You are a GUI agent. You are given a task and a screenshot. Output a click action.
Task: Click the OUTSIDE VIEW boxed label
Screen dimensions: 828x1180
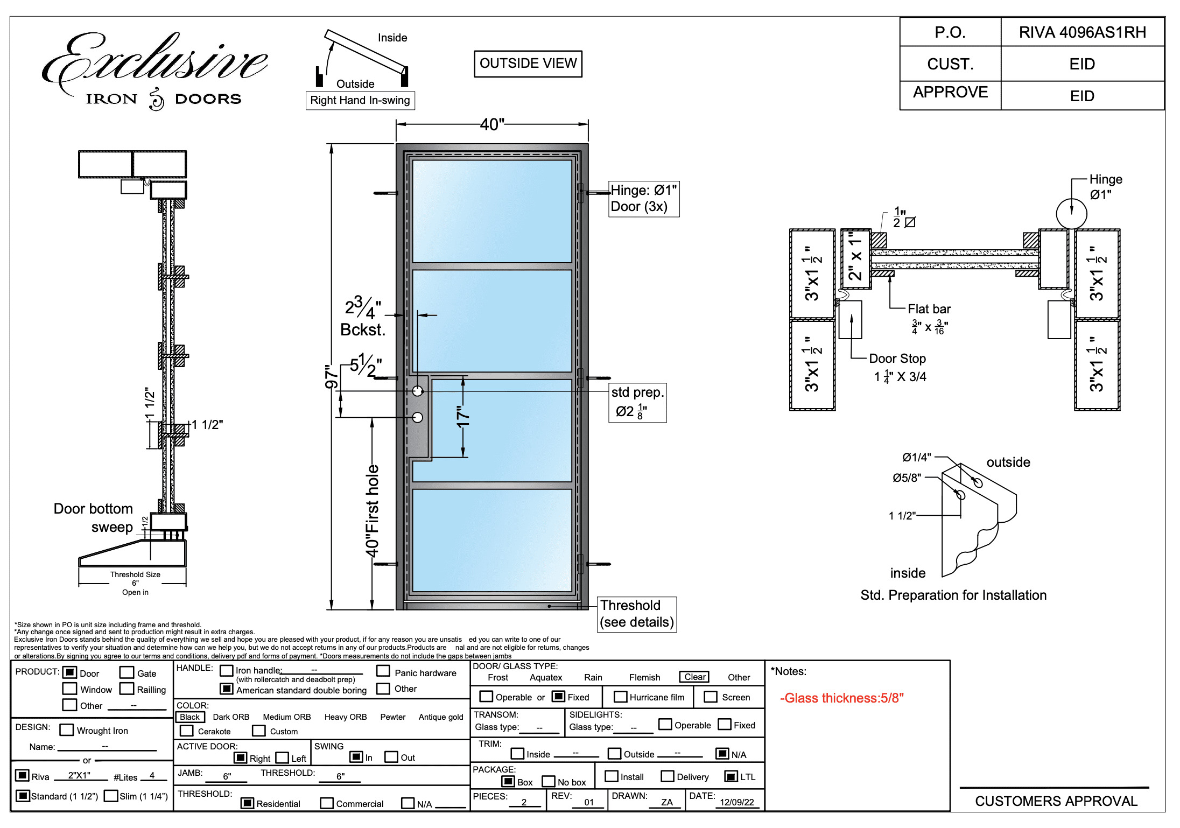tap(528, 64)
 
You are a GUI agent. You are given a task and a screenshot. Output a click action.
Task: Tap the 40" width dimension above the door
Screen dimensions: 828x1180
tap(492, 124)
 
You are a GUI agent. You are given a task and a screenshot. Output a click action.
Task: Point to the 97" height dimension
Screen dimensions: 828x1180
tap(332, 376)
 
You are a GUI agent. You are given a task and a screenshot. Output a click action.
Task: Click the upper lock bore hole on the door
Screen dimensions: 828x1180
tap(418, 391)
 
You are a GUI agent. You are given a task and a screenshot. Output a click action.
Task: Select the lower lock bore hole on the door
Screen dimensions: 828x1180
tap(418, 417)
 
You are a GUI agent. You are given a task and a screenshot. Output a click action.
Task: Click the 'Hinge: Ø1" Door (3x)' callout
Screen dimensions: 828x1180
tap(643, 199)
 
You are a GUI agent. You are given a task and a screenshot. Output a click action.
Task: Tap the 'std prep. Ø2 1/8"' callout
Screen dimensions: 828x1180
tap(637, 402)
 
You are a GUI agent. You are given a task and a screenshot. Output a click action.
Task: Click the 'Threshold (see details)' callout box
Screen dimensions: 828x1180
tap(637, 614)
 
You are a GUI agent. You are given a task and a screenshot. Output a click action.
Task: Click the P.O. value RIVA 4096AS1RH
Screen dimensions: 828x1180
tap(1082, 32)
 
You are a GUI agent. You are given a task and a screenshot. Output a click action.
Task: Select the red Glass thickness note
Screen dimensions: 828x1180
tap(841, 698)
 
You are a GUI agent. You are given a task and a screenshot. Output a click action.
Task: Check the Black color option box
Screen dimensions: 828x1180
tap(190, 717)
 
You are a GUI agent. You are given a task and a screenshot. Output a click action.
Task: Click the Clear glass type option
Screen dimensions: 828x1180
tap(694, 677)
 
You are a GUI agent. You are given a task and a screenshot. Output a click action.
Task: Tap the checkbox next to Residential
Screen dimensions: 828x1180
tap(247, 803)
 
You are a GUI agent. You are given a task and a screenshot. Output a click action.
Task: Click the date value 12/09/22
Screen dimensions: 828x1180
tap(736, 802)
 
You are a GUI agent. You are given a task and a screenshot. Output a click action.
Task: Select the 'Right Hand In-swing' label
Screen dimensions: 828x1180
tap(360, 100)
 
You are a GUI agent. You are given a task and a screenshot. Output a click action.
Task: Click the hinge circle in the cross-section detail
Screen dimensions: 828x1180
tap(1071, 213)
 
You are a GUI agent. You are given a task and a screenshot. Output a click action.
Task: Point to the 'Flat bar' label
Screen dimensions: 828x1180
tap(929, 309)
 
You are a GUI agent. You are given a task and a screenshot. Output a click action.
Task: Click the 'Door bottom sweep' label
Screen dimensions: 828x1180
tap(93, 518)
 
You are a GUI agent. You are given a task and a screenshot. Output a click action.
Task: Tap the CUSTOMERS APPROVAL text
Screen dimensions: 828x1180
tap(1056, 801)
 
